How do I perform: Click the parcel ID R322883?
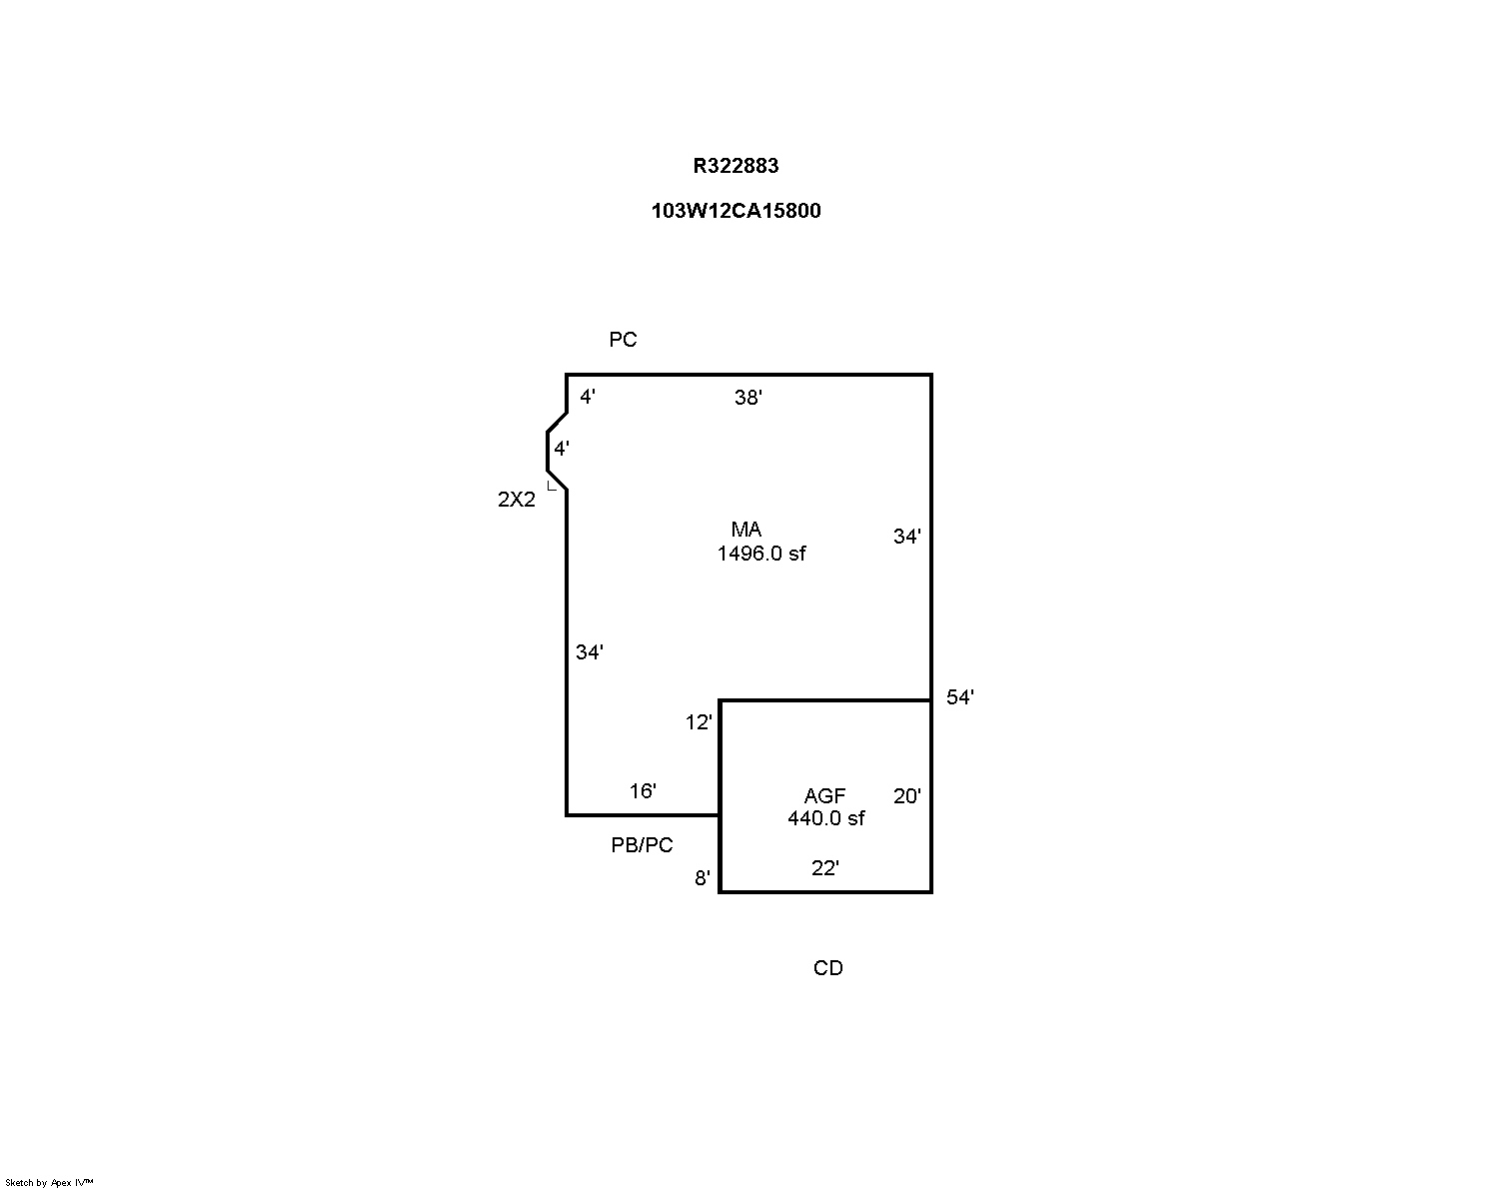click(736, 166)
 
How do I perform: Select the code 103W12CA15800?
click(736, 211)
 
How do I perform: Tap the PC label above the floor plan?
click(623, 340)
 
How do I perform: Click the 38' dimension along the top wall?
click(748, 398)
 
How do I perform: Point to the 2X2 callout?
click(517, 499)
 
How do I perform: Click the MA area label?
click(746, 530)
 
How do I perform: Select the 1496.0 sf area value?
click(761, 554)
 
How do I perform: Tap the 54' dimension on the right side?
click(959, 697)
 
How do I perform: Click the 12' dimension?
click(699, 722)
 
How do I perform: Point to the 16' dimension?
click(643, 790)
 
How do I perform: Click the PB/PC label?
click(642, 845)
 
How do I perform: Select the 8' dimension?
click(703, 878)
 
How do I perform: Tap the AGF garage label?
click(825, 796)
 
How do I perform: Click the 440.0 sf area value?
click(826, 818)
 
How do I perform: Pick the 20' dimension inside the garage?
click(907, 796)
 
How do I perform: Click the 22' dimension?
click(825, 867)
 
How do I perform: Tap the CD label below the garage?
click(828, 968)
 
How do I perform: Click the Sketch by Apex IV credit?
click(49, 1183)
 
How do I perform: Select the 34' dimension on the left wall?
click(590, 652)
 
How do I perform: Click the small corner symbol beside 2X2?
click(552, 486)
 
